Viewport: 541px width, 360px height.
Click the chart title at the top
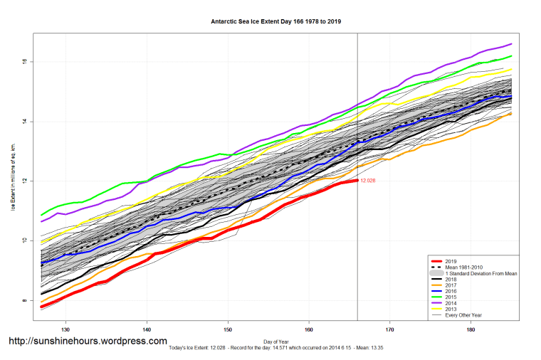pos(275,21)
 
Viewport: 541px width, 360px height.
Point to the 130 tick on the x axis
pos(65,329)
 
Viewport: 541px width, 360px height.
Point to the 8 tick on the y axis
pos(24,301)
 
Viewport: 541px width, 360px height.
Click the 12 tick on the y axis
pos(24,181)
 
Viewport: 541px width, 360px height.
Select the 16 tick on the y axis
pos(24,61)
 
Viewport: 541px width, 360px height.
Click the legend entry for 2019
pos(451,261)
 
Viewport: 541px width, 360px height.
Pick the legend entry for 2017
pos(451,285)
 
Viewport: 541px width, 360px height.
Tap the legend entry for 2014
pos(451,303)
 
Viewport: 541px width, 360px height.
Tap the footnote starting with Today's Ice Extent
pos(275,348)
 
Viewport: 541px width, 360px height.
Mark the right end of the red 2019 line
pos(357,181)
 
